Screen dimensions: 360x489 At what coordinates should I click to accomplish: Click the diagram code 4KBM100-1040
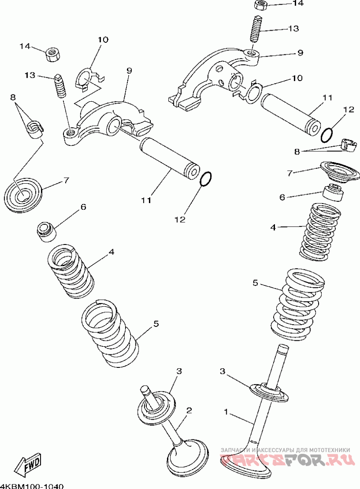point(32,486)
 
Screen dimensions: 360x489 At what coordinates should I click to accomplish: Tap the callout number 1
point(226,412)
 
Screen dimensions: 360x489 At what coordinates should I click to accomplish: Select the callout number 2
point(189,410)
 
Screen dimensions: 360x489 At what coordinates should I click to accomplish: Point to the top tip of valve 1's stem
point(283,346)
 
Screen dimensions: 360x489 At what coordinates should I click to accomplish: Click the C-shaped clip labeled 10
point(90,80)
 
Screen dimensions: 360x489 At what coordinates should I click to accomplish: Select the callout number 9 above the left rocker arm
point(129,71)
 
